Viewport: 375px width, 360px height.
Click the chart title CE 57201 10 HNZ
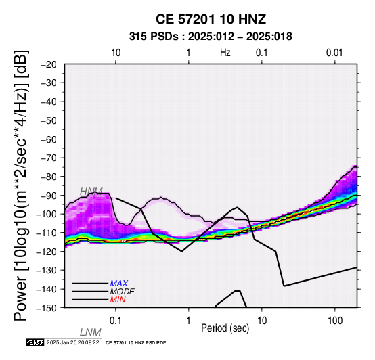211,19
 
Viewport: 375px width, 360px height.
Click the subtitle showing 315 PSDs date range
211,37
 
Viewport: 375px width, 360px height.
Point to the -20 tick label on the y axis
49,64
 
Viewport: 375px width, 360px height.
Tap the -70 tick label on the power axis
49,158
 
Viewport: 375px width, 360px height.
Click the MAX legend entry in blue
119,284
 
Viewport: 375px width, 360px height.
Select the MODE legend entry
123,292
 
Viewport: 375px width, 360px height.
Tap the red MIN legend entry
118,300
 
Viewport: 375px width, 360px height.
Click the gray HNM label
91,192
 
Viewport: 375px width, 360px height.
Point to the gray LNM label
91,332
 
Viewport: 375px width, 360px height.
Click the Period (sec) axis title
225,328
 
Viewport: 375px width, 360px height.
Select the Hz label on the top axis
225,53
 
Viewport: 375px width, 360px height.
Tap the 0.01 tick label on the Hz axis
334,53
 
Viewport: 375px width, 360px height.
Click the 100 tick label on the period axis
335,321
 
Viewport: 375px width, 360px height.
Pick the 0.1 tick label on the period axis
116,321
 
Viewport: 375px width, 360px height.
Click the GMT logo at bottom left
35,342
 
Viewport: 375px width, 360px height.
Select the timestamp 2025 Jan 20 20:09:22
72,342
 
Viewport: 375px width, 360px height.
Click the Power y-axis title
20,186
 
